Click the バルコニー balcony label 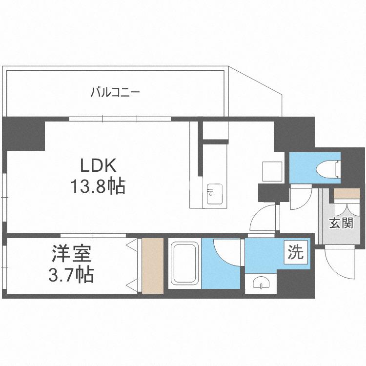(x=115, y=91)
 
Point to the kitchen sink (x=214, y=194)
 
